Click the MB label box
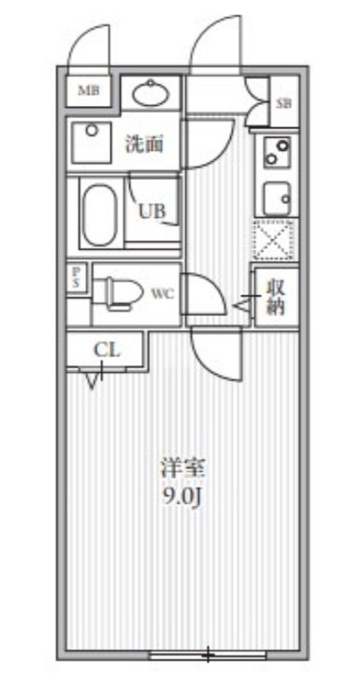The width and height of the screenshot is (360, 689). pyautogui.click(x=89, y=90)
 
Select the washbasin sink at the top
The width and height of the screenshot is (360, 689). pyautogui.click(x=152, y=91)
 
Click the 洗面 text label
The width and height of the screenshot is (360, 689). pyautogui.click(x=144, y=144)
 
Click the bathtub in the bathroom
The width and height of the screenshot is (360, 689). pyautogui.click(x=101, y=211)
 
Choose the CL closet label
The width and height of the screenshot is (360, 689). pyautogui.click(x=106, y=350)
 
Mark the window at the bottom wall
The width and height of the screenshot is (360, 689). pyautogui.click(x=207, y=655)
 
